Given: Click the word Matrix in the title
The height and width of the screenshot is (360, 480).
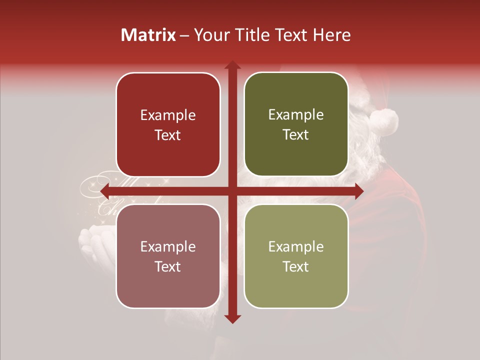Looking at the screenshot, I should (148, 35).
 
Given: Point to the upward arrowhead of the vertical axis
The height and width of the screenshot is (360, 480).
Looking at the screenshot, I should (232, 65).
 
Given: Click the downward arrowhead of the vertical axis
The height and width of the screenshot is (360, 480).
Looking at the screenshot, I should (232, 318).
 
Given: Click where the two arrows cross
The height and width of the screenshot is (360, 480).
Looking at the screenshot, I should (232, 191).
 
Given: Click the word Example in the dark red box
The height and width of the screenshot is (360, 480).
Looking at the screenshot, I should (168, 115).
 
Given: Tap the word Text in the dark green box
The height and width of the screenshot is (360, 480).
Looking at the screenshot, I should (296, 135).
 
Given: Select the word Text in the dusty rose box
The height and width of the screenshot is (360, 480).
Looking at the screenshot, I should (168, 266).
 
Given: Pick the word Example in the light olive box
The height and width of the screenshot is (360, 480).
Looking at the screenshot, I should (296, 246).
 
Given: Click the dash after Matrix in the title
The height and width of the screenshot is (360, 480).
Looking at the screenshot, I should (184, 35).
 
